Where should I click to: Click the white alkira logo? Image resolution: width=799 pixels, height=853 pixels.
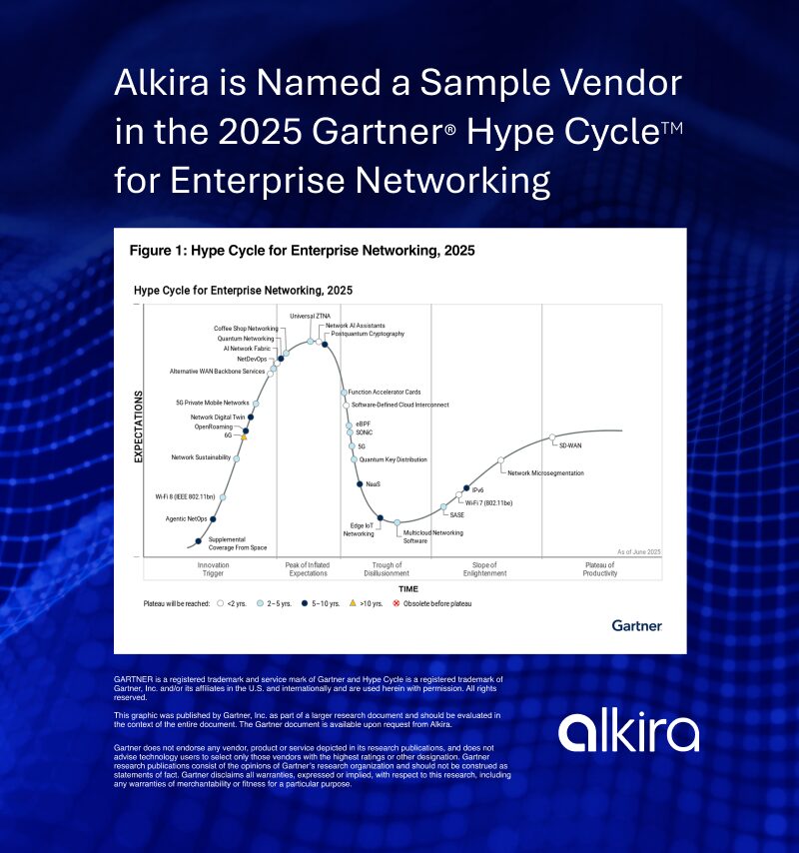[628, 732]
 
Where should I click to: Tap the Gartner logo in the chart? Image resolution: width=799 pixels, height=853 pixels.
[636, 625]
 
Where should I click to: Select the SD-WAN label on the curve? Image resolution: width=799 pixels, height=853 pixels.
[570, 444]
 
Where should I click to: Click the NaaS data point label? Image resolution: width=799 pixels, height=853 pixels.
[374, 484]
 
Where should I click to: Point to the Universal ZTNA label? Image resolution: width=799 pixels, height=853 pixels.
[310, 317]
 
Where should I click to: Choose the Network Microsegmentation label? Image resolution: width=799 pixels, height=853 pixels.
[545, 472]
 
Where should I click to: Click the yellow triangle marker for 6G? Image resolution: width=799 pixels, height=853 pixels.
[244, 436]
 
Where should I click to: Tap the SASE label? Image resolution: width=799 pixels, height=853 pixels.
[456, 515]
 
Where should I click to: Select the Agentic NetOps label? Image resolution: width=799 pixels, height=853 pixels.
[187, 519]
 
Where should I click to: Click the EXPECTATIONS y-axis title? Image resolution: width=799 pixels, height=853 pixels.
[139, 427]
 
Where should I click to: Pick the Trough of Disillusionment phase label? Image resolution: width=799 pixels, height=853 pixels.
[387, 569]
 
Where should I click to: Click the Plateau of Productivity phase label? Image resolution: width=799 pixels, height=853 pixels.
[599, 569]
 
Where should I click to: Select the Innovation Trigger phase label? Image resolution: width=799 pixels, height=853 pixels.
[214, 569]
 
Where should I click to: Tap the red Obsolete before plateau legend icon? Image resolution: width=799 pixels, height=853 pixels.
[395, 604]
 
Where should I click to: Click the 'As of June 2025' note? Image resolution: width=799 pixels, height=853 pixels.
[638, 551]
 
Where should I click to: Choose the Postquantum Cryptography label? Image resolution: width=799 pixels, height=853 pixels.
[367, 334]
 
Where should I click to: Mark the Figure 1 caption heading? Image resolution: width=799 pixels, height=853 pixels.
[302, 251]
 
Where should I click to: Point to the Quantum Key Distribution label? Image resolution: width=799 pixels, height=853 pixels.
[393, 459]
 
